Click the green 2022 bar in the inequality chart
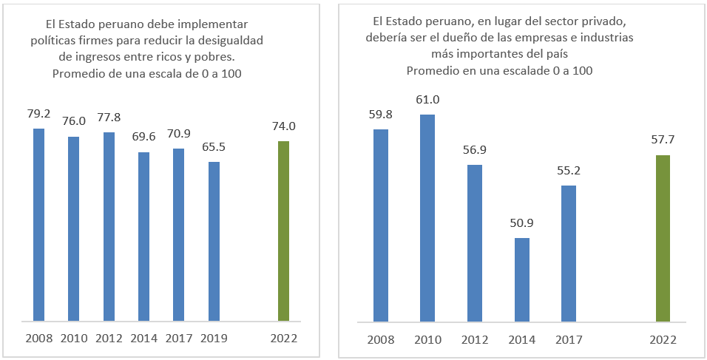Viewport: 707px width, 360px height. [x=283, y=231]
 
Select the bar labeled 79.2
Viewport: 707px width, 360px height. [x=38, y=225]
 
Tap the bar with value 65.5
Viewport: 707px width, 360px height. [x=214, y=241]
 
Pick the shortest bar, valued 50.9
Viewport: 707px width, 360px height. [x=521, y=279]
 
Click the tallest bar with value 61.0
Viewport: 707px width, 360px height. [x=427, y=218]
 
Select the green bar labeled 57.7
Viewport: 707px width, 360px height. [x=663, y=238]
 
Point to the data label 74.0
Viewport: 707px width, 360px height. [x=283, y=126]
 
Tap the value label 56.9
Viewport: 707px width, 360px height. [x=474, y=150]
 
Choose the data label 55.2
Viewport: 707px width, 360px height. [x=568, y=171]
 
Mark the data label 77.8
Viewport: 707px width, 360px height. [x=109, y=118]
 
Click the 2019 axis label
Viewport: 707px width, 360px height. [x=214, y=339]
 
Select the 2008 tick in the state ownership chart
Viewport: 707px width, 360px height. [x=380, y=339]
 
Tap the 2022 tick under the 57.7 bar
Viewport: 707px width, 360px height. [x=663, y=339]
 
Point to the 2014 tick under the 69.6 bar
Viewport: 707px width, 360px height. [x=143, y=339]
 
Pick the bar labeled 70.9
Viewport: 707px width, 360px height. [x=178, y=235]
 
